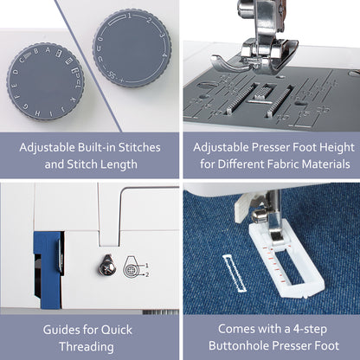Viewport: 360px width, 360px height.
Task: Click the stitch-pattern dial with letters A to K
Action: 45,81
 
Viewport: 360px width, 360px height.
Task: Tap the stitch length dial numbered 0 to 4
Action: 132,48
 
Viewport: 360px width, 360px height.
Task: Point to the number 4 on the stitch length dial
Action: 164,55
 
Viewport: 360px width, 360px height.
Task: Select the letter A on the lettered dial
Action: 48,50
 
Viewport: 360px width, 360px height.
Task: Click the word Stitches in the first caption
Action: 139,147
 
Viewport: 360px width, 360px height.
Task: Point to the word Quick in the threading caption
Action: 117,330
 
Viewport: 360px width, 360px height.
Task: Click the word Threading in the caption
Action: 87,347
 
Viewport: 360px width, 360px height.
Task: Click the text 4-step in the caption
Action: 310,330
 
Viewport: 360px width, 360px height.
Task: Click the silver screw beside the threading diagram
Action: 107,267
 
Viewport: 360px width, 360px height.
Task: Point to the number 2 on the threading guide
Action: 147,274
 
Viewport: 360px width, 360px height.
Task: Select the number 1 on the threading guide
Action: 147,266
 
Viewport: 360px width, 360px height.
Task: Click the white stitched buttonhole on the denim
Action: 235,273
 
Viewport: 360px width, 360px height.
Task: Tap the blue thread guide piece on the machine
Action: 48,270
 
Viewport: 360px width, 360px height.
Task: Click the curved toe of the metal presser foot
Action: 228,62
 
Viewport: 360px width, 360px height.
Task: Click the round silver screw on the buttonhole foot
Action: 258,215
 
